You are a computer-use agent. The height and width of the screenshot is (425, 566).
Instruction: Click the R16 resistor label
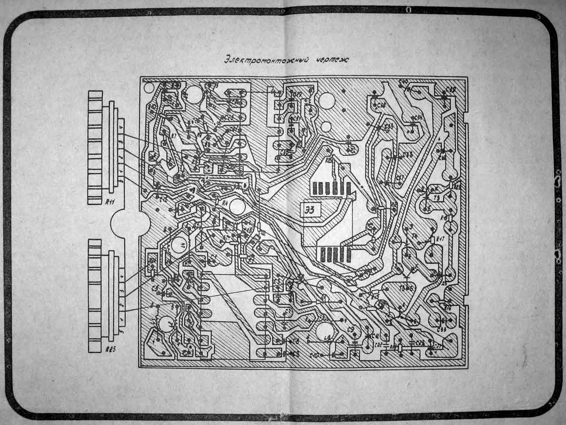click(x=448, y=307)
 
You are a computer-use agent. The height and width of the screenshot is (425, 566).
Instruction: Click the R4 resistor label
click(x=225, y=202)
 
